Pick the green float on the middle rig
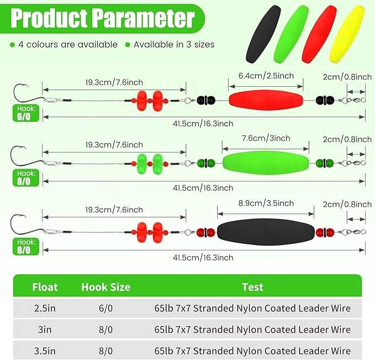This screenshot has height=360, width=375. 266,163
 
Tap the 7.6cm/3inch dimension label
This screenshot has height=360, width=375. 266,138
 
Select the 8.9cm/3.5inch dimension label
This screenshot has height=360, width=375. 266,203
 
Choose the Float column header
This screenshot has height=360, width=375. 45,287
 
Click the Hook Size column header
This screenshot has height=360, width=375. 105,287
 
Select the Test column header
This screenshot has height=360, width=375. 252,287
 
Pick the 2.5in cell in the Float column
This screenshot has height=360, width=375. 45,308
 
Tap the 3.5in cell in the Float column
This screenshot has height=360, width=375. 45,350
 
